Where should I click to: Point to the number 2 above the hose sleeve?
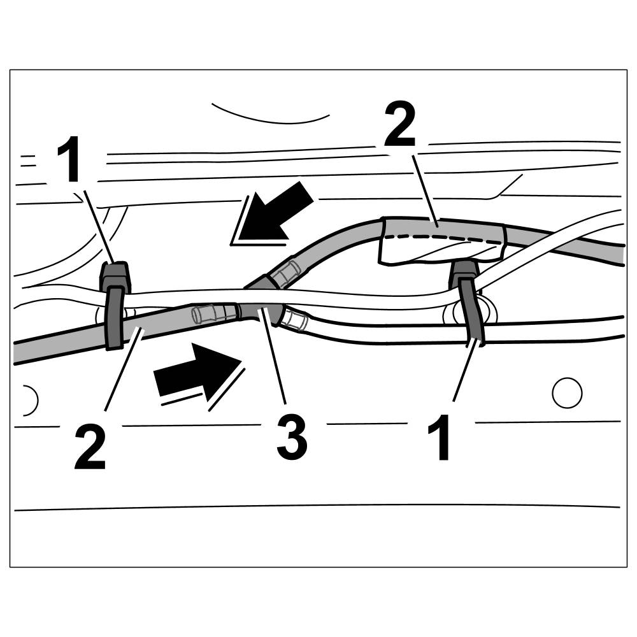click(x=399, y=126)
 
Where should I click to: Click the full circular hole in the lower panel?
click(x=566, y=393)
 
